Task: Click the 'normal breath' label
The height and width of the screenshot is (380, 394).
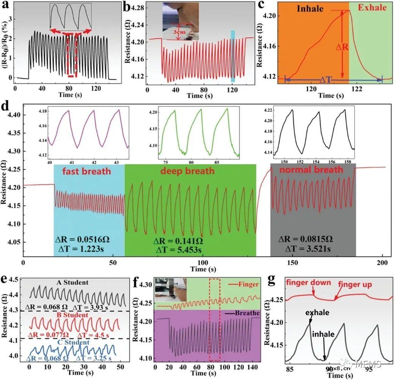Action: pos(311,170)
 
